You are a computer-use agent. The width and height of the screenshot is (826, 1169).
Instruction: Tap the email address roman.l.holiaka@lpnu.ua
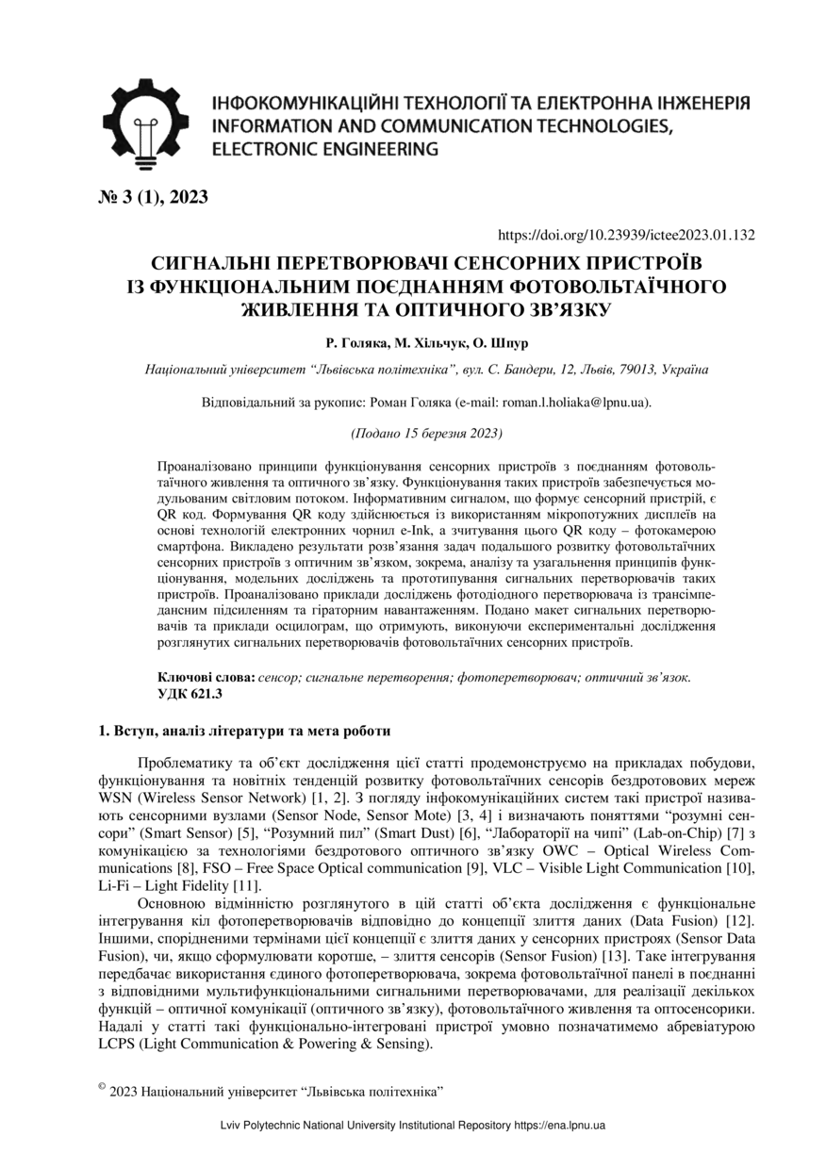[x=574, y=402]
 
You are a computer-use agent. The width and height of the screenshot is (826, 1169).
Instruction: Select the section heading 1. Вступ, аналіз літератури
[x=245, y=731]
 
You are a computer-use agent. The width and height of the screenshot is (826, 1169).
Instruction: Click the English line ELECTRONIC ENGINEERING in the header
[x=325, y=149]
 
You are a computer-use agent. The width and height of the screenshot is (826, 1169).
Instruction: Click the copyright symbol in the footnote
[x=102, y=1087]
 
